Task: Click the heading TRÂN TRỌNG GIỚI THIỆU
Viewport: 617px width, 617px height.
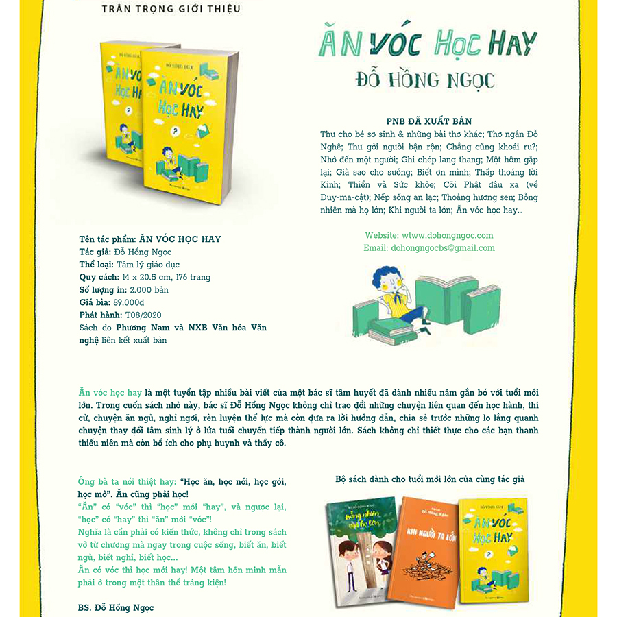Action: pyautogui.click(x=171, y=9)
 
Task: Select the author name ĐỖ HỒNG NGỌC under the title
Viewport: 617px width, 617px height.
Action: pyautogui.click(x=424, y=80)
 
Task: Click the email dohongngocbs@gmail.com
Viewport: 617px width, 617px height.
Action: pyautogui.click(x=429, y=248)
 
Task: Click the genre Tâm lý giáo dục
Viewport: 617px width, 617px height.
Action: pyautogui.click(x=148, y=265)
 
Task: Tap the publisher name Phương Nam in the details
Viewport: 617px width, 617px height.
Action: pyautogui.click(x=143, y=328)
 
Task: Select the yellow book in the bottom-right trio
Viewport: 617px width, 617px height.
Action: pyautogui.click(x=494, y=542)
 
